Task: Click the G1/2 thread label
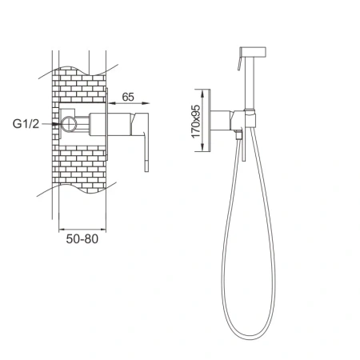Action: (26, 124)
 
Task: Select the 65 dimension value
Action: (128, 97)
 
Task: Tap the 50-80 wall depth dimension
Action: (82, 238)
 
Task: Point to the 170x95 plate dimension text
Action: (196, 122)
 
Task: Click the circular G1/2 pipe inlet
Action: (69, 124)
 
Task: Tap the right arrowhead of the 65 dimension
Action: (146, 103)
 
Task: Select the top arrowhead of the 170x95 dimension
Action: (202, 94)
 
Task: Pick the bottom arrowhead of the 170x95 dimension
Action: (202, 147)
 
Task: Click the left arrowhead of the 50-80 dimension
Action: (62, 229)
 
